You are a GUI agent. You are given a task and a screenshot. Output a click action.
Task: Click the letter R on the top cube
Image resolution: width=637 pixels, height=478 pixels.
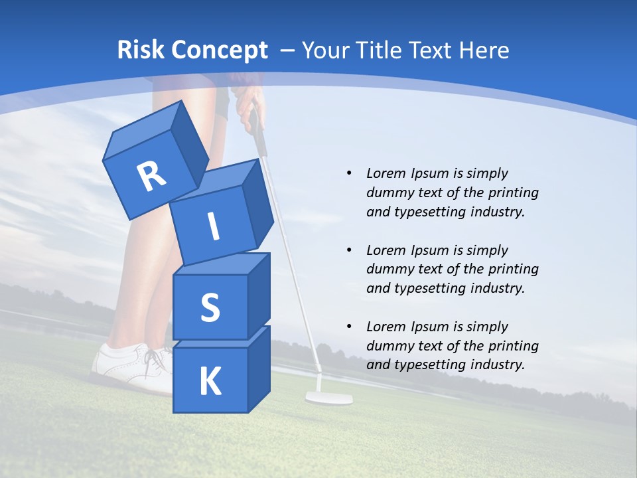point(151,177)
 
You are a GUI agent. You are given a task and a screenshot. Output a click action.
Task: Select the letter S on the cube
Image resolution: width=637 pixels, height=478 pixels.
point(210,307)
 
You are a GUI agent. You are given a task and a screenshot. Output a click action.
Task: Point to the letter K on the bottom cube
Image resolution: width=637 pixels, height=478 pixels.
point(210,382)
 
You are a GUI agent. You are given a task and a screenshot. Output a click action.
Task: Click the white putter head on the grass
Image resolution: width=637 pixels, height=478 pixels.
point(328,398)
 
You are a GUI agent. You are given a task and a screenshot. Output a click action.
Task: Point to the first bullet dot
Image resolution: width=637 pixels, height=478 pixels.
point(349,173)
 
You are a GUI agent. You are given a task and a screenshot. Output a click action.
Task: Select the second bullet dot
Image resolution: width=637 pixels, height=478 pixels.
point(349,250)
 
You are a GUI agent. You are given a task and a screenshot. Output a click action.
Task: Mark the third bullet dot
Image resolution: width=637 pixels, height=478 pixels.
point(349,327)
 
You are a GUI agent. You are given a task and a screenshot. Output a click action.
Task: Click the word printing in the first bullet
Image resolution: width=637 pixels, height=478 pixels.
point(513,193)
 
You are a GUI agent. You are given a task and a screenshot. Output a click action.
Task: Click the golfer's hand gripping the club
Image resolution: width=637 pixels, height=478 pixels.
point(247,101)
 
